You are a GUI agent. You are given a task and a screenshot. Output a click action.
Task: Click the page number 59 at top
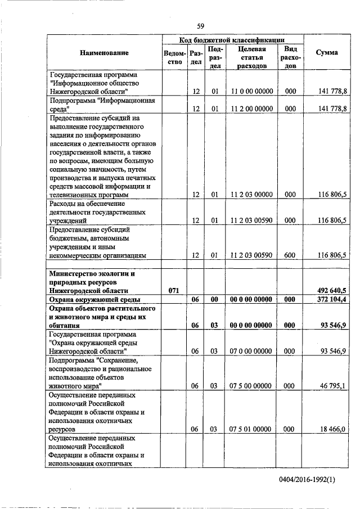(x=200, y=25)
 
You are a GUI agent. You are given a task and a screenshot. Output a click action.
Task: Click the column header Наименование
(x=104, y=53)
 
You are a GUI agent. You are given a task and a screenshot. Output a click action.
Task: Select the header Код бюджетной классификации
(x=232, y=40)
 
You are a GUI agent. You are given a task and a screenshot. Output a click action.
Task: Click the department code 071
(x=174, y=290)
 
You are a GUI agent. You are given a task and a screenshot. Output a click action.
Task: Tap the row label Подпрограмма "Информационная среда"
(x=101, y=104)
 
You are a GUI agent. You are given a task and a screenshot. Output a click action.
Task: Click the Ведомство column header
(x=174, y=57)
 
